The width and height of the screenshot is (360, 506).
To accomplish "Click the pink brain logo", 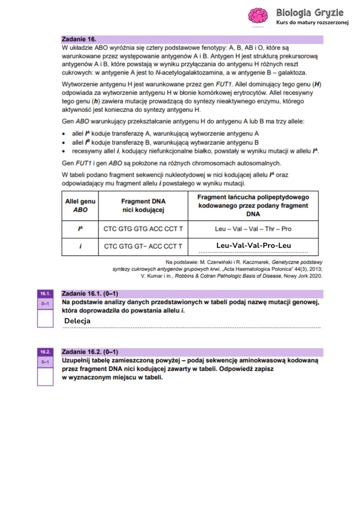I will [259, 15].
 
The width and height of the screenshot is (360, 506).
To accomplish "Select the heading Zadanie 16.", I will [78, 38].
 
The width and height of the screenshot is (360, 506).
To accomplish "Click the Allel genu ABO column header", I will [80, 206].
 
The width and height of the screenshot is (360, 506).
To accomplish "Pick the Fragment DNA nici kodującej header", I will [143, 206].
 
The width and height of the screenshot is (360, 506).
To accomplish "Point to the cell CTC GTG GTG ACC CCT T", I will [143, 229].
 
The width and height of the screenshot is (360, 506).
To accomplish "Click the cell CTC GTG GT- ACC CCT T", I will [143, 246].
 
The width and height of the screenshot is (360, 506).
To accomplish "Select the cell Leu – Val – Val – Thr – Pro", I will [253, 229].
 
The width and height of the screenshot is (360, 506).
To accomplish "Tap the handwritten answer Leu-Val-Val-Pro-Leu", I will [253, 245].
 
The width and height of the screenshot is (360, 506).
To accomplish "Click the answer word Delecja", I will [77, 321].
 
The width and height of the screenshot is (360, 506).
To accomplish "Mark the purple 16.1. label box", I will [45, 294].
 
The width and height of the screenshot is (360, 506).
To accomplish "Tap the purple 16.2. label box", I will [45, 352].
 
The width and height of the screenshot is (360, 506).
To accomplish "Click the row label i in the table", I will [80, 246].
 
